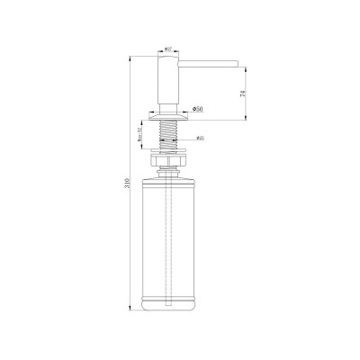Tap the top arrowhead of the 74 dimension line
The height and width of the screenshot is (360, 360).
pos(245,62)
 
